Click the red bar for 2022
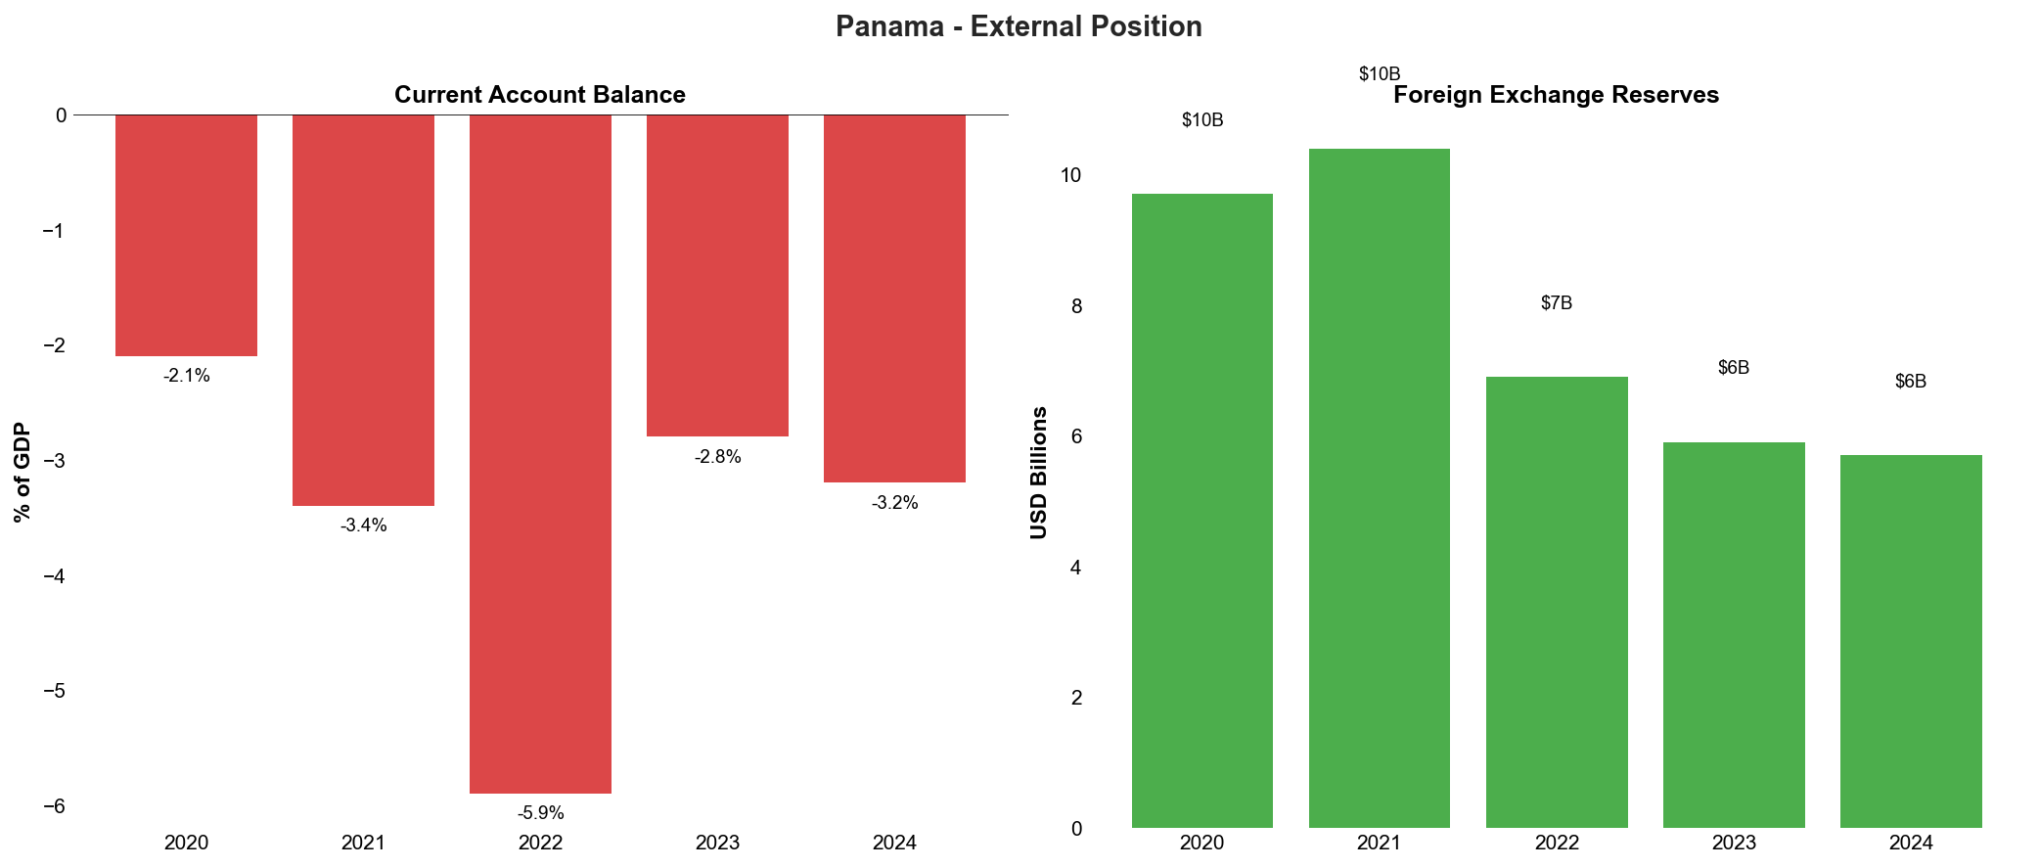(540, 453)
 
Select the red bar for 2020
(186, 235)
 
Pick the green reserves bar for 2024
(1910, 641)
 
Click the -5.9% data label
(540, 813)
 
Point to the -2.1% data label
(186, 376)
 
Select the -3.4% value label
(363, 525)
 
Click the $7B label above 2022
(1556, 303)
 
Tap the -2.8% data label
(717, 457)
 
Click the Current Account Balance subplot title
(539, 95)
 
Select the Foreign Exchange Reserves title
(1556, 95)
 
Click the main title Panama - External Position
(1019, 26)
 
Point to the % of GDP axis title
(23, 472)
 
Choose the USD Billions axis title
(1039, 472)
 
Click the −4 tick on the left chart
(55, 576)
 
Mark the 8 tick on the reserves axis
(1076, 306)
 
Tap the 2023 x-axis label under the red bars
(717, 843)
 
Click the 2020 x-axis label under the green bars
(1201, 843)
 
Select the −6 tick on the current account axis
(55, 806)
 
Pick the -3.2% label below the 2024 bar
(894, 503)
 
